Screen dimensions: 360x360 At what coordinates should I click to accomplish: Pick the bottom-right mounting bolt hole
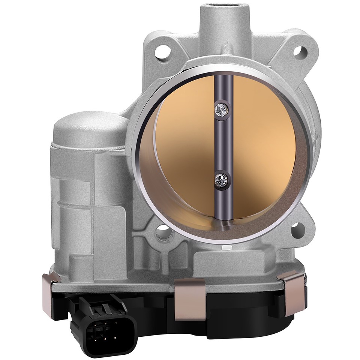[x=296, y=227]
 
